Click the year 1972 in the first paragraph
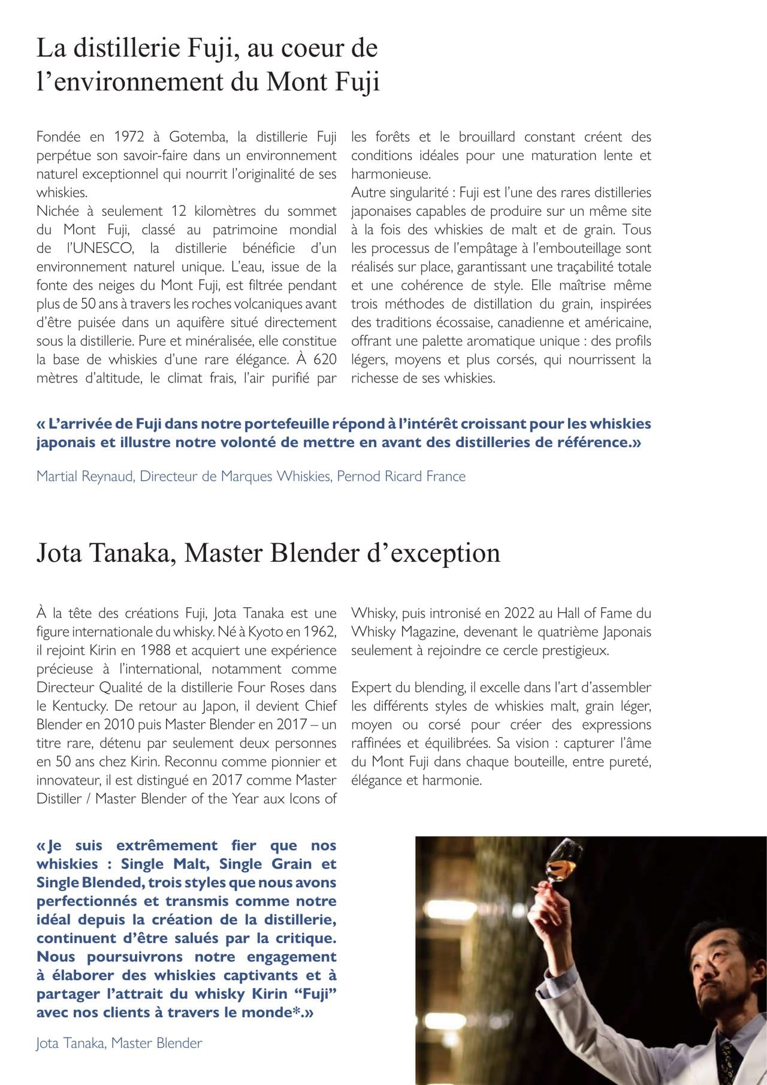pos(129,137)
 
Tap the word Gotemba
pos(197,137)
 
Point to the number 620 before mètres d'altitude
pos(325,360)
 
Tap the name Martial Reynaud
pos(84,477)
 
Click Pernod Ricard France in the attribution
pos(401,477)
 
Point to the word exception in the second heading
pos(447,553)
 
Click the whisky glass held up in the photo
pos(561,858)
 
